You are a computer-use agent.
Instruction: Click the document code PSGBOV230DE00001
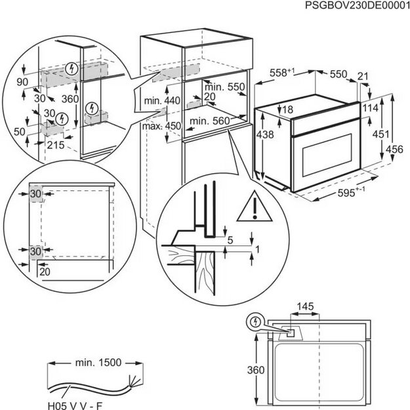356,6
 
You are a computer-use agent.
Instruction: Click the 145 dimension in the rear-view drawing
304,306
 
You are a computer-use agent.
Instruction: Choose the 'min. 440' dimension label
162,100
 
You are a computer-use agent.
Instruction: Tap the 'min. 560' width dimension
211,121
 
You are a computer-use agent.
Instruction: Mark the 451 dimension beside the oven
379,134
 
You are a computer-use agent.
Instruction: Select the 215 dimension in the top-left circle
56,146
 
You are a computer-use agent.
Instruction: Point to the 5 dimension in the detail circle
230,240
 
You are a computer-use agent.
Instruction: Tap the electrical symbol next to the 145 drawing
254,322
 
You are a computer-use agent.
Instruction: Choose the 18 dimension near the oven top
287,109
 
